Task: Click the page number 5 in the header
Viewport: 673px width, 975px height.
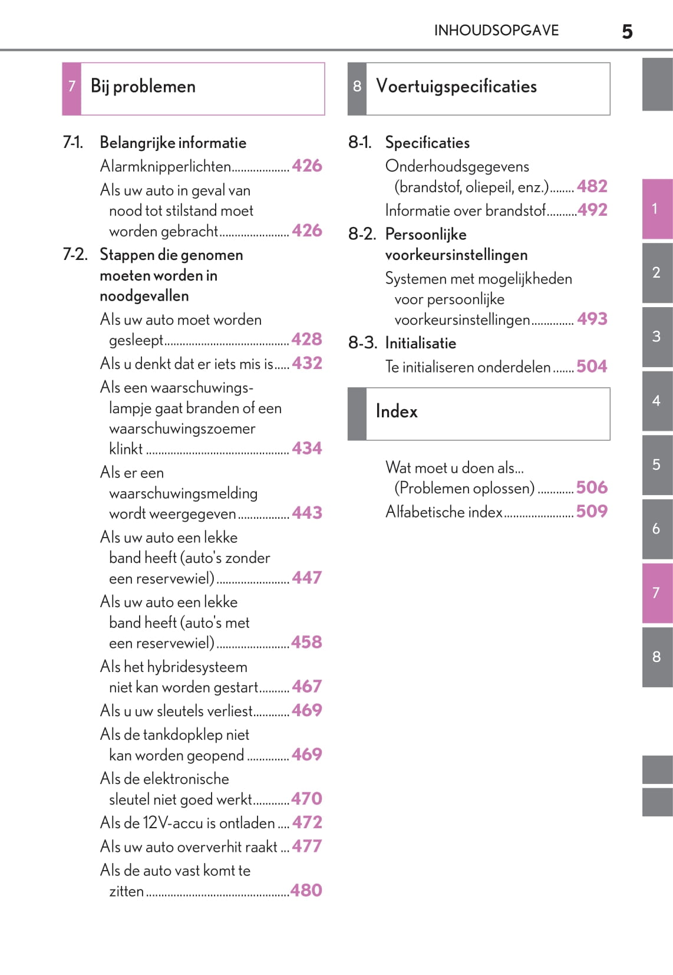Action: (x=627, y=31)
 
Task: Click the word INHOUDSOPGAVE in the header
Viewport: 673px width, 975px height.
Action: (x=496, y=30)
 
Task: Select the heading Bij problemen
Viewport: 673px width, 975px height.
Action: (x=143, y=87)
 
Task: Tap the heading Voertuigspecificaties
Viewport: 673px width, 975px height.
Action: (x=456, y=87)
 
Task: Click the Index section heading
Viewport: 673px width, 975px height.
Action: (x=397, y=411)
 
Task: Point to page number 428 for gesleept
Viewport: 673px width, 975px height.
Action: (x=307, y=340)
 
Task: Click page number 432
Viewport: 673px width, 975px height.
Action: (x=307, y=363)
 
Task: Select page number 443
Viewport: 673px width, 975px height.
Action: (x=307, y=513)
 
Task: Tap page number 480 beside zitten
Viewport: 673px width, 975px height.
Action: (x=307, y=890)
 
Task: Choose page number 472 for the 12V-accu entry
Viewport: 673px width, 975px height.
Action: (x=307, y=822)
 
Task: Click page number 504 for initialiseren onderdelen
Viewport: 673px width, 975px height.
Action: (x=592, y=367)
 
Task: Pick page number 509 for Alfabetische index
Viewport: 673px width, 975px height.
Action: (x=592, y=511)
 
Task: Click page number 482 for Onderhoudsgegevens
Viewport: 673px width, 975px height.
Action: (x=592, y=187)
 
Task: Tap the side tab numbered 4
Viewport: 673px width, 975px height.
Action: (x=656, y=401)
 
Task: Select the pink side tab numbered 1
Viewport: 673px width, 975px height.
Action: (x=656, y=209)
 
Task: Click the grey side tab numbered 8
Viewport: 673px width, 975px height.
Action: (x=656, y=657)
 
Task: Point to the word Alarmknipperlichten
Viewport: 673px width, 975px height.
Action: (x=166, y=166)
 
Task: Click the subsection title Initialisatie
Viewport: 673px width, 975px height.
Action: (x=420, y=343)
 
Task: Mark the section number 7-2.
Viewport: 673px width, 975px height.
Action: (x=75, y=255)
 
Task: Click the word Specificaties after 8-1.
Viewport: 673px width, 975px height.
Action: (x=427, y=143)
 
